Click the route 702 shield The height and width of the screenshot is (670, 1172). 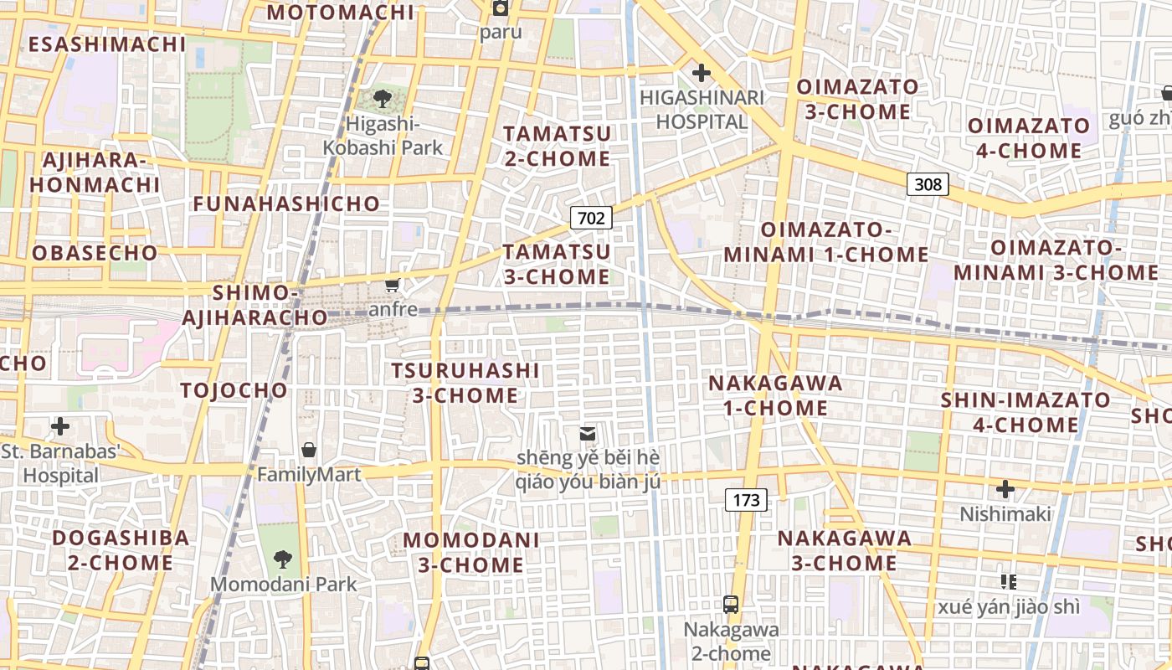coord(591,219)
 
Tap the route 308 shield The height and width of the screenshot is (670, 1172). coord(928,184)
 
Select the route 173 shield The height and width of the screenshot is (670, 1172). coord(745,501)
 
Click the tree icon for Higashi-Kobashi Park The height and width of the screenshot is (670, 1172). coord(383,99)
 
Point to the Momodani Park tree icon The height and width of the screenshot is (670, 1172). coord(283,559)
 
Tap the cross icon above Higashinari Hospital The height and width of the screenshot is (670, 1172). coord(702,73)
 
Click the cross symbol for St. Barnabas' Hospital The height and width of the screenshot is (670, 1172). coord(60,426)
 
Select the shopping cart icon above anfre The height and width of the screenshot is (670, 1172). coord(392,285)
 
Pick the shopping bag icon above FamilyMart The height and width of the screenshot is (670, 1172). coord(309,450)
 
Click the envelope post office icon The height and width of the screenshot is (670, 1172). coord(588,433)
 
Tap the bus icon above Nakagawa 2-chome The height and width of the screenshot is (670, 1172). coord(731,604)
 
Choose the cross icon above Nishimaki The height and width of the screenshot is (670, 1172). coord(1005,488)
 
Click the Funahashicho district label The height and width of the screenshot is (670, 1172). coord(286,204)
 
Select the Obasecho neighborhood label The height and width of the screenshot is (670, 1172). coord(95,253)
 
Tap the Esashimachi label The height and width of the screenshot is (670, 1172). coord(107,44)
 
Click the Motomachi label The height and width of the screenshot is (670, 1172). coord(341,12)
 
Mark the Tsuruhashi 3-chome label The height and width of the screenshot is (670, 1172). coord(465,383)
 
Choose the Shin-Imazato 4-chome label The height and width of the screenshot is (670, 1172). coord(1025,412)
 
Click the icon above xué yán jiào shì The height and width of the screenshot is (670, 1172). coord(1008,580)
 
